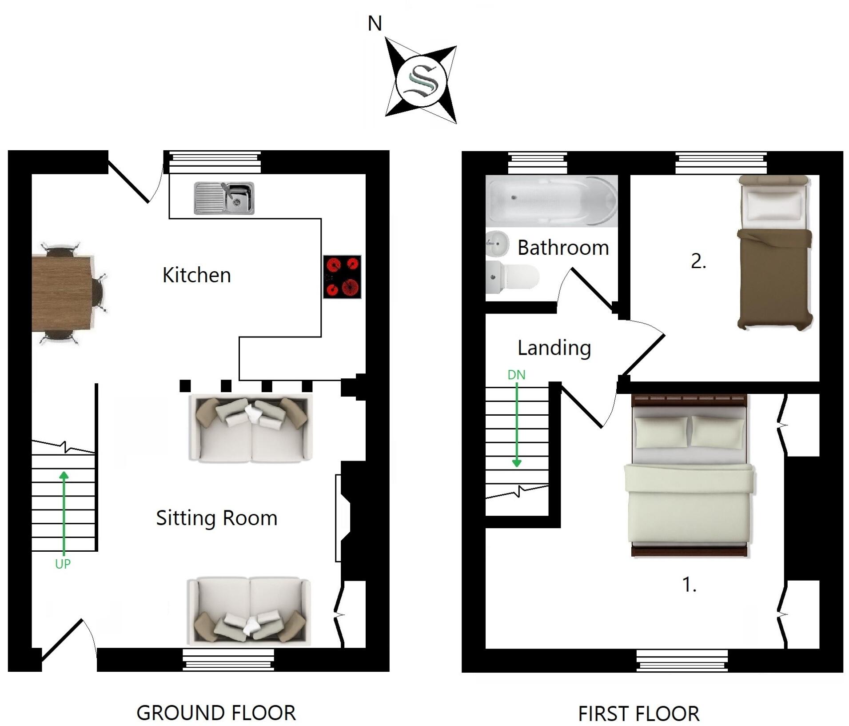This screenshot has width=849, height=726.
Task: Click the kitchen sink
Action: [x=224, y=198]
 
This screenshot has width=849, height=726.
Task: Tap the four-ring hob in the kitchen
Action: [x=342, y=277]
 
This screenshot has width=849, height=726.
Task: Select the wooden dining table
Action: [x=63, y=293]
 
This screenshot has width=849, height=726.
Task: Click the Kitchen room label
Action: [x=196, y=275]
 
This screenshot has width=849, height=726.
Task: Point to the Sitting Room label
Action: [x=216, y=518]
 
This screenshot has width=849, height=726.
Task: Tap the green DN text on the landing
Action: [x=516, y=375]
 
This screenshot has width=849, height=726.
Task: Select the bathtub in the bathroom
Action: [x=551, y=201]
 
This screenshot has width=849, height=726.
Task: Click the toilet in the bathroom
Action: [x=511, y=277]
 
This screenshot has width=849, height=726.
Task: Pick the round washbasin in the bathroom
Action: [x=497, y=243]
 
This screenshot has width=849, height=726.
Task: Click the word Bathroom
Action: [x=563, y=248]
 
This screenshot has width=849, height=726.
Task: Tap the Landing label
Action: [x=554, y=348]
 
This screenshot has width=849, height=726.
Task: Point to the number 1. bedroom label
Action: [x=689, y=585]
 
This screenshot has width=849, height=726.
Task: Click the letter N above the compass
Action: [x=375, y=24]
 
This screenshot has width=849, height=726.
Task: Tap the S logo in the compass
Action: [x=420, y=80]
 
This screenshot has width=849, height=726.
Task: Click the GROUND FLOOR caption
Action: [x=216, y=713]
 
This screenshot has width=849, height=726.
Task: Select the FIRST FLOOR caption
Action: [x=638, y=714]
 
